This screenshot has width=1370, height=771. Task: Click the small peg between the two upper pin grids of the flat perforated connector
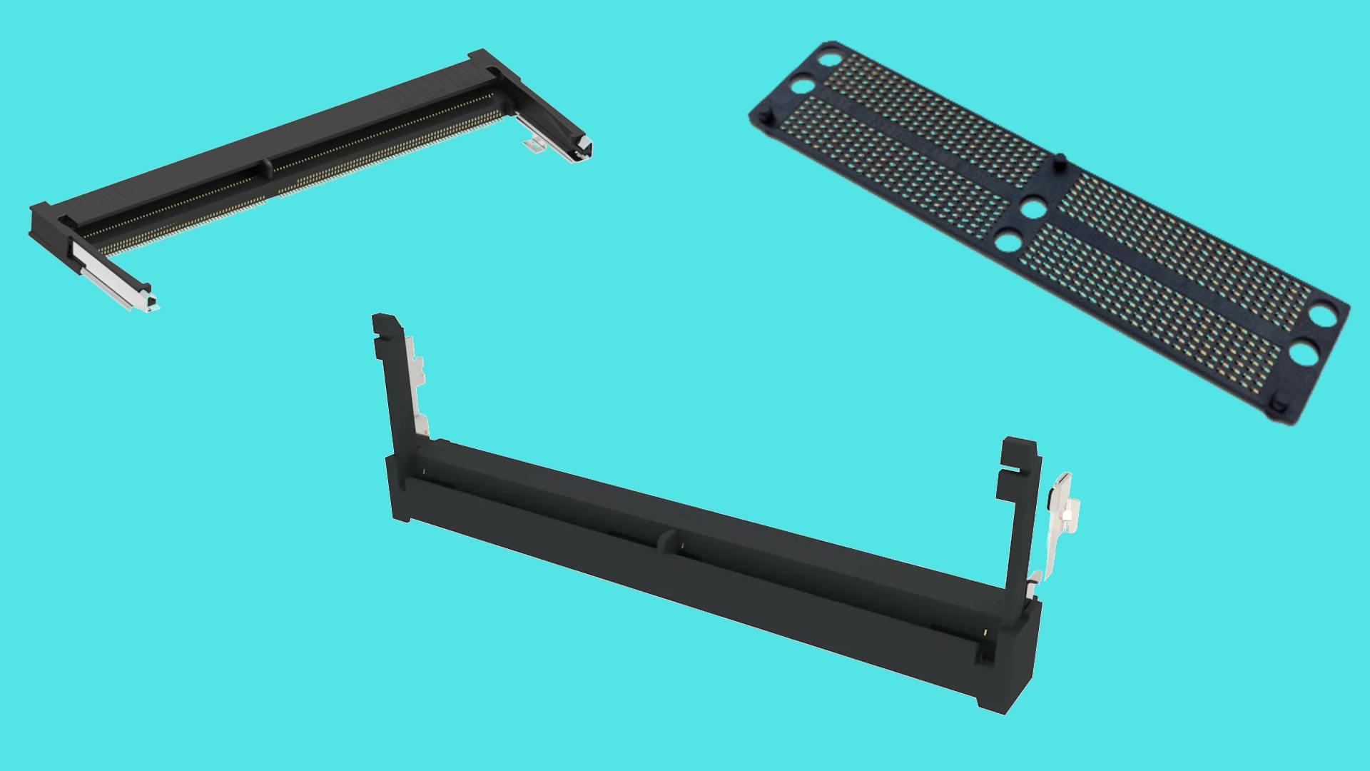click(x=1060, y=158)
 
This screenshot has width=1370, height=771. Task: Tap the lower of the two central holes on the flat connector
click(x=1008, y=241)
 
